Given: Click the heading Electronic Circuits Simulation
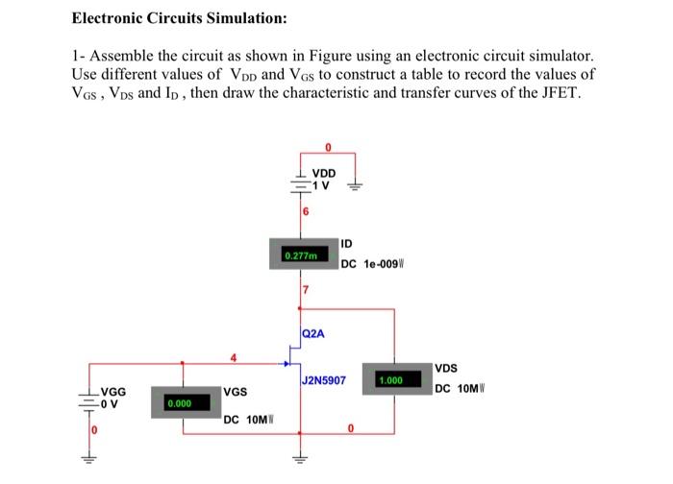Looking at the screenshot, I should tap(180, 18).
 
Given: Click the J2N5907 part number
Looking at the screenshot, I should tap(324, 381).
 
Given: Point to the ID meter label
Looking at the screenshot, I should tap(348, 244).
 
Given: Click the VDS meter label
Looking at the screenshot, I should tap(447, 369).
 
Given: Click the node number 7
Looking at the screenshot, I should tap(306, 290).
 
